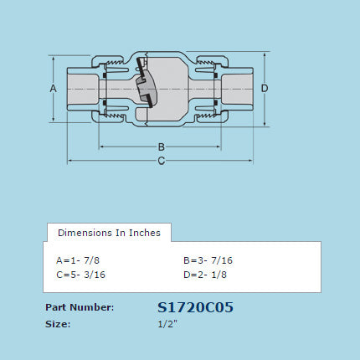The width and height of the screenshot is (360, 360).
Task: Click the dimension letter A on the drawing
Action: (53, 88)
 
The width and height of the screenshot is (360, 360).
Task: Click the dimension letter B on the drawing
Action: (161, 147)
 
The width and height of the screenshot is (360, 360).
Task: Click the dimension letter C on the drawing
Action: (161, 161)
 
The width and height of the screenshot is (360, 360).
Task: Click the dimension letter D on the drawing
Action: (264, 88)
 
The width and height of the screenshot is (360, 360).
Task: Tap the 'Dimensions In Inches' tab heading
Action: (109, 232)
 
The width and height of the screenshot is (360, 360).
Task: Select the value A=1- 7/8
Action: (83, 260)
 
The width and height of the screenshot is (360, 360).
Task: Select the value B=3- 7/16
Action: (206, 260)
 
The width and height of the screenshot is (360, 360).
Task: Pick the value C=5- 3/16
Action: (80, 275)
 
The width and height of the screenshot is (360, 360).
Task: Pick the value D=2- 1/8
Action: (203, 275)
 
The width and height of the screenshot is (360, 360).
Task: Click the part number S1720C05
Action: (195, 307)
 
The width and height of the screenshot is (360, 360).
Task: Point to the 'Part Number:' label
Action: (80, 307)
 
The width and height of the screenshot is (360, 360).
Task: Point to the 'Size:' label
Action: (58, 323)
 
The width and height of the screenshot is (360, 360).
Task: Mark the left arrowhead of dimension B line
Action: (103, 147)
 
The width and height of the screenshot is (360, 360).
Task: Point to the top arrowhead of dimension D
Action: (265, 54)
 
